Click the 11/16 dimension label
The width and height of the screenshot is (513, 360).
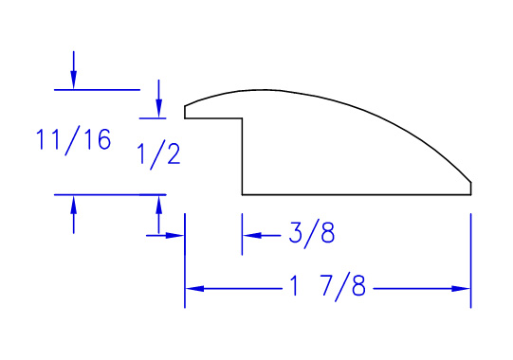pos(73,140)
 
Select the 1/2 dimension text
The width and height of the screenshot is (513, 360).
pos(158,154)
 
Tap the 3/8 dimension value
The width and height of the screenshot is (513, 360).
pos(312,234)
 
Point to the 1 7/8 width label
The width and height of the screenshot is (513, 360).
pos(327,287)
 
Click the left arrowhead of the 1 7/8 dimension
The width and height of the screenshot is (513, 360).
pos(194,288)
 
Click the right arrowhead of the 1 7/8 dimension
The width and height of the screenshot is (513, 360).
pos(461,288)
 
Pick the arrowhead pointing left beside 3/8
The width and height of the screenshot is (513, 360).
pos(252,235)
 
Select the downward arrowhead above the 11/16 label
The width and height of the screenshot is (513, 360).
pos(73,79)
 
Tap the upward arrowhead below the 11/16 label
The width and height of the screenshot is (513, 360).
pos(73,205)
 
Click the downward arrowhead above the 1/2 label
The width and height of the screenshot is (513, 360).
pos(158,108)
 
